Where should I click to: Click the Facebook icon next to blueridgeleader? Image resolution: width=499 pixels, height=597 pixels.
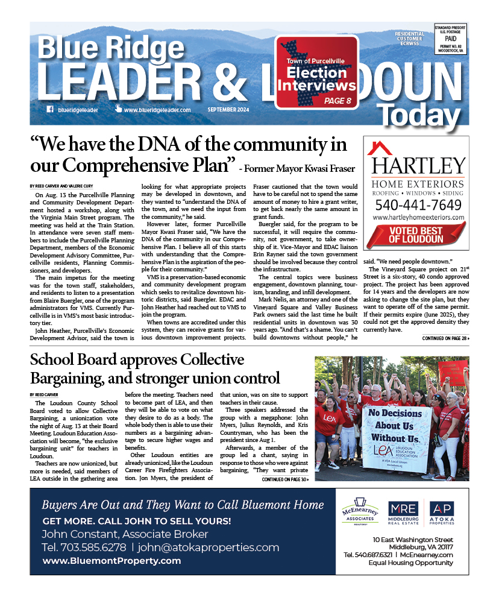pyautogui.click(x=50, y=110)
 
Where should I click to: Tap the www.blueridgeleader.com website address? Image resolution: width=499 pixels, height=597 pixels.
pyautogui.click(x=157, y=110)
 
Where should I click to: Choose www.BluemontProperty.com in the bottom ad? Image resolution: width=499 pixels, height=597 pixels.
pyautogui.click(x=111, y=561)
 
